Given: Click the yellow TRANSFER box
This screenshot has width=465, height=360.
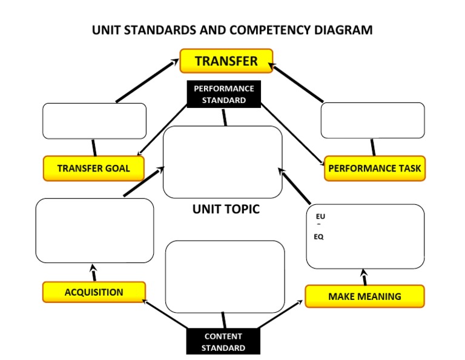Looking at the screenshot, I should [226, 61].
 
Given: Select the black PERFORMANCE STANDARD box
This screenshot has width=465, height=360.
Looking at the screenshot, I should [223, 94].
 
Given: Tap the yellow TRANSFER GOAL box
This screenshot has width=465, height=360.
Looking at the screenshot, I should [94, 168].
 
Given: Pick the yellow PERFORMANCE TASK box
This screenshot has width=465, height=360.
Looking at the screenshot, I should [375, 168].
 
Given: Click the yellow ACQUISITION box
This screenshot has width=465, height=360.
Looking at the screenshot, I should [94, 292].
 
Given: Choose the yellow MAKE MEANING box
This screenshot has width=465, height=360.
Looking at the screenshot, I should [364, 296].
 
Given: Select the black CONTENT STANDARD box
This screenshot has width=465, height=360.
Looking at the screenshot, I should [223, 342].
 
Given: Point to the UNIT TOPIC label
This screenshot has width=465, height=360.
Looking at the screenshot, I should [226, 209].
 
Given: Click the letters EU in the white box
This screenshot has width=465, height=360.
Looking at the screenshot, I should [320, 216].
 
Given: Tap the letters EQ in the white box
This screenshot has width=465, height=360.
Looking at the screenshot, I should [318, 237].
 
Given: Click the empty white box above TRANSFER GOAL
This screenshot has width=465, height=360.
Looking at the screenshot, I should [94, 121].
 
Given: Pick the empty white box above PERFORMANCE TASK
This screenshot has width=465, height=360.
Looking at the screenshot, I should [372, 121].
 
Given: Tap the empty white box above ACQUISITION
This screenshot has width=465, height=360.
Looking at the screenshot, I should [94, 230].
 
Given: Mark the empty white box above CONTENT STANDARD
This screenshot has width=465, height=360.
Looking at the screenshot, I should [225, 276].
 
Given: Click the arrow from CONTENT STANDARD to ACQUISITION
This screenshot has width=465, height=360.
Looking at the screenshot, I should [165, 313].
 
